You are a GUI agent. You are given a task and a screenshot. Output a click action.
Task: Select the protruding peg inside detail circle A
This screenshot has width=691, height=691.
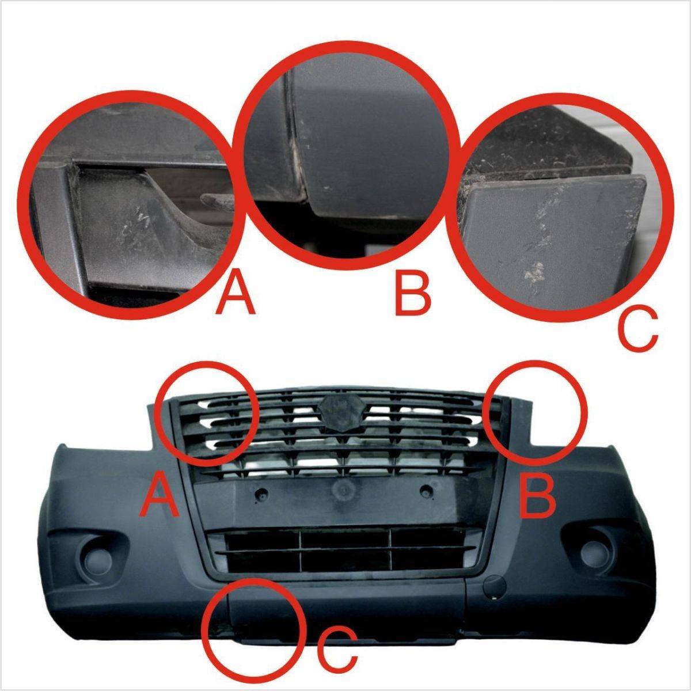217,198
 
